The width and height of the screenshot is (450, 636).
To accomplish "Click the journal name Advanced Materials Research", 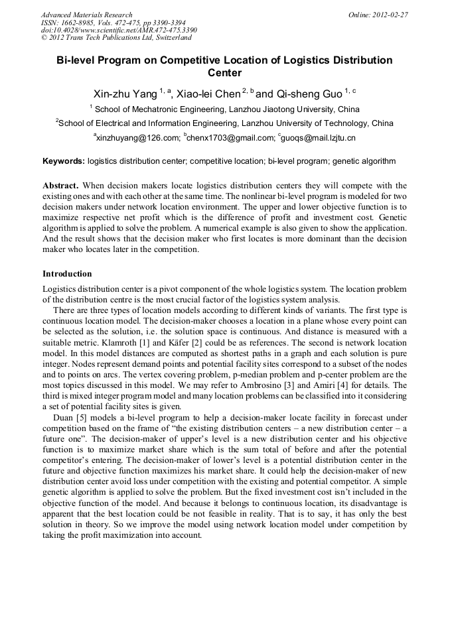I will pyautogui.click(x=86, y=15).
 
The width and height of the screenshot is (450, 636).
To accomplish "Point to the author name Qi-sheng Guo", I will pyautogui.click(x=305, y=94).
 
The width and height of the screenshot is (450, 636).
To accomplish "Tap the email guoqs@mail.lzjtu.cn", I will pyautogui.click(x=319, y=139).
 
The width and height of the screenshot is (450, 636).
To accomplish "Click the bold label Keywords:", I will pyautogui.click(x=64, y=161).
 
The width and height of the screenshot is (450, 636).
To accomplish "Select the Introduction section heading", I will pyautogui.click(x=67, y=274).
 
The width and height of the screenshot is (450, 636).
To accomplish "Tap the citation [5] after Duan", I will pyautogui.click(x=78, y=416).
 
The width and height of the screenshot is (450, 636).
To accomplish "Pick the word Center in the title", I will pyautogui.click(x=225, y=73).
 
